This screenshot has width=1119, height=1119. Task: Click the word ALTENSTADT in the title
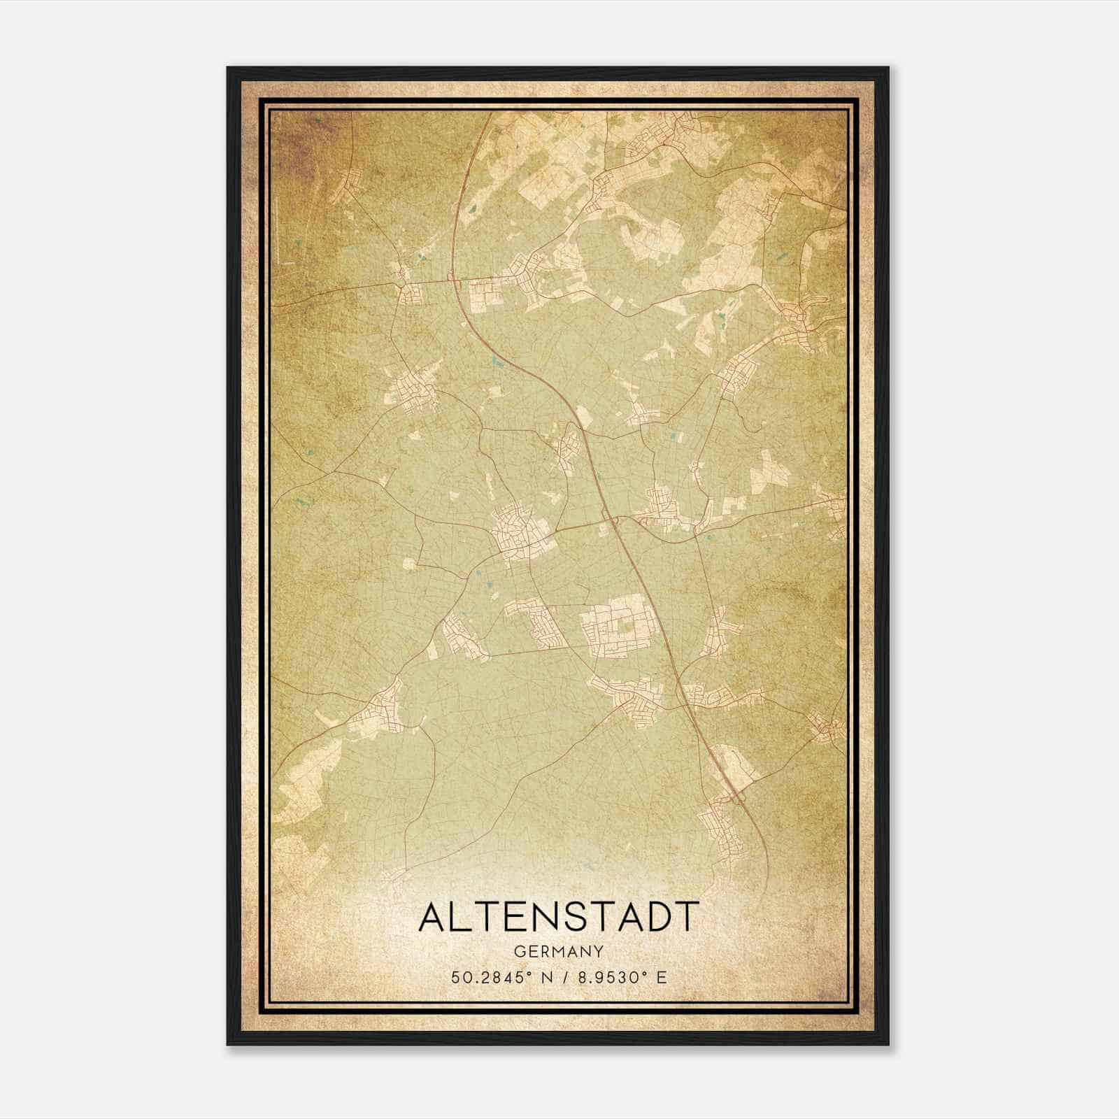click(x=558, y=918)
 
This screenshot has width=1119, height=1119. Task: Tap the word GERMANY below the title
click(x=558, y=951)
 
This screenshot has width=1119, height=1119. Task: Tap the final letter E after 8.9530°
click(x=661, y=977)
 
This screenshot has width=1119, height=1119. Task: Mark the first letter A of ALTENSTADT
click(x=432, y=918)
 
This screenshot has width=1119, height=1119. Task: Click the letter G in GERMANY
click(x=518, y=951)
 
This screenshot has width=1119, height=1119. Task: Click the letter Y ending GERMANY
click(x=599, y=951)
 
